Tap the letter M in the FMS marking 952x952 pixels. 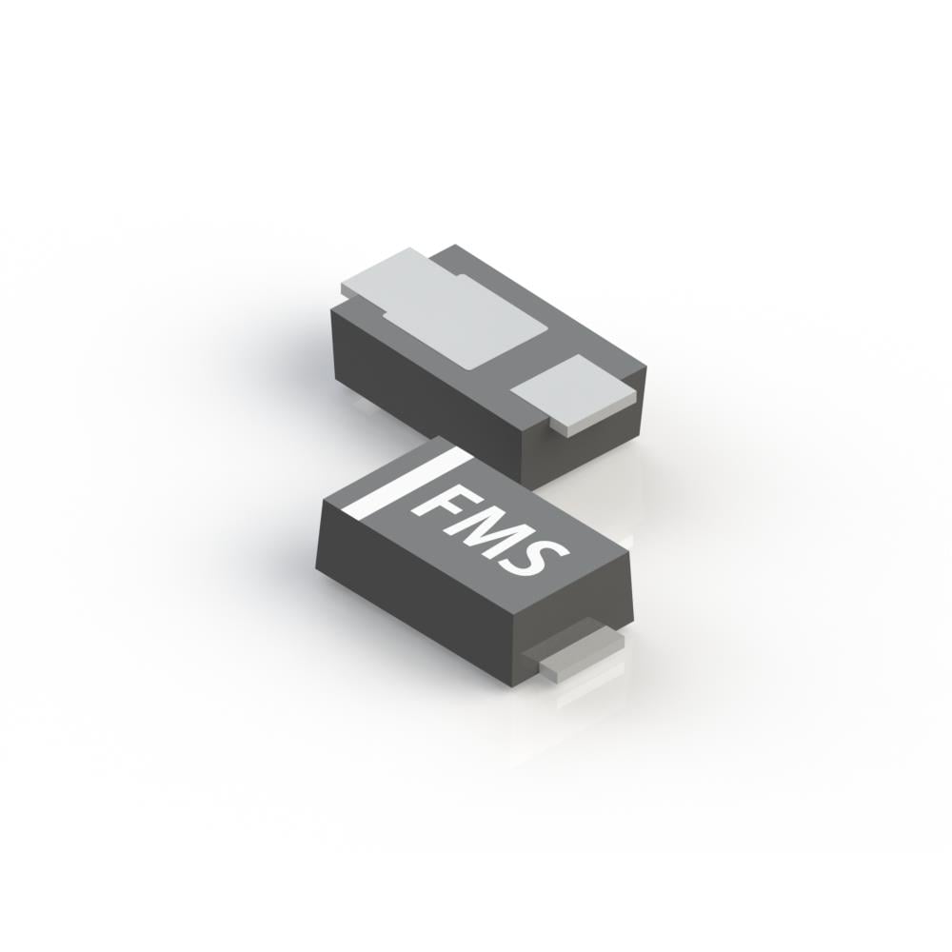486,526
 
